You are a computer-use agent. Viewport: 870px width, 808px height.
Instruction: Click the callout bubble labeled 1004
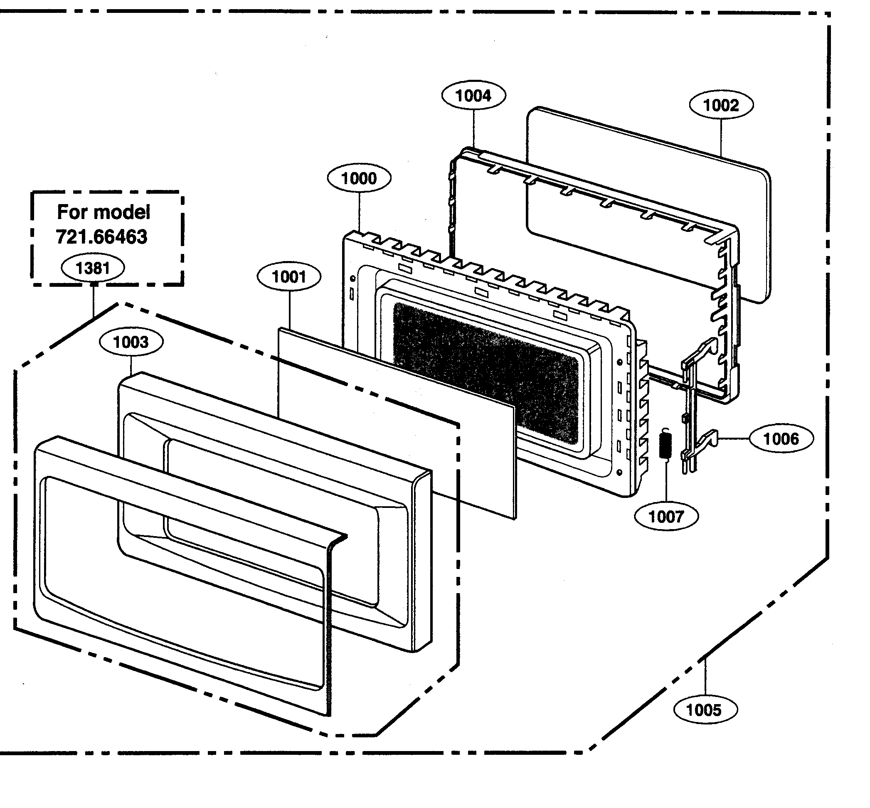(x=473, y=96)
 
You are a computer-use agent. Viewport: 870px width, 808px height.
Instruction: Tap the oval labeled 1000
(x=358, y=178)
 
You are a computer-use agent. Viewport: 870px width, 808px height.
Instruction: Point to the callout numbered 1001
(x=288, y=277)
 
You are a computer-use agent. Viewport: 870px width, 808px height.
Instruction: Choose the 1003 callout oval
(x=131, y=342)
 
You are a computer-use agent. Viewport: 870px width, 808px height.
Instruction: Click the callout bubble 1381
(x=93, y=268)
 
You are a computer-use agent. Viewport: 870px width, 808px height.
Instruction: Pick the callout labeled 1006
(x=781, y=438)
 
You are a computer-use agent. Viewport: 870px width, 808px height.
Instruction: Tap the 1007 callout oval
(x=666, y=516)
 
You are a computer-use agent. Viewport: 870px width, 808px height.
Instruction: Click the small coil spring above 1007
(x=665, y=444)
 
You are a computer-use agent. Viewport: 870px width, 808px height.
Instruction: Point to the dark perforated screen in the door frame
(x=485, y=372)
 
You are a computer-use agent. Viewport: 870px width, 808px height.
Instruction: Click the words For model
(x=104, y=212)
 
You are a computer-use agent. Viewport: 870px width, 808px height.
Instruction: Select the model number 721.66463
(x=102, y=237)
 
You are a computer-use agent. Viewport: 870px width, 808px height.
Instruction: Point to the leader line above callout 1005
(x=705, y=678)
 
